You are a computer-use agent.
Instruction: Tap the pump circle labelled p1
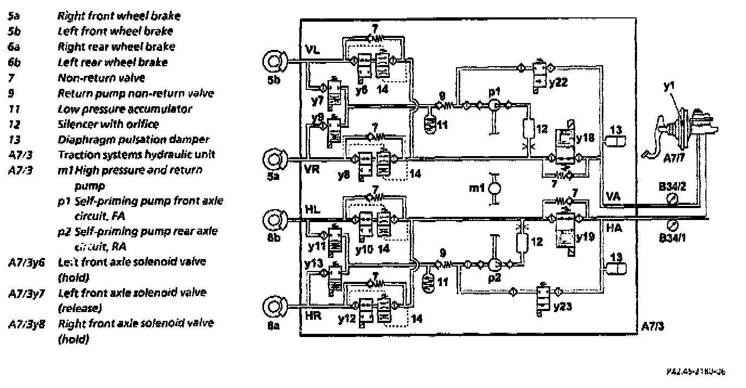click(x=493, y=106)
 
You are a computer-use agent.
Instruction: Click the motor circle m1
click(x=493, y=188)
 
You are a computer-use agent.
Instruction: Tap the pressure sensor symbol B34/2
click(x=673, y=199)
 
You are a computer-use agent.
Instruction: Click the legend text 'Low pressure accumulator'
click(x=124, y=108)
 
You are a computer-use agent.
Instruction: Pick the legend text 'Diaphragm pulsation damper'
click(x=128, y=139)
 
